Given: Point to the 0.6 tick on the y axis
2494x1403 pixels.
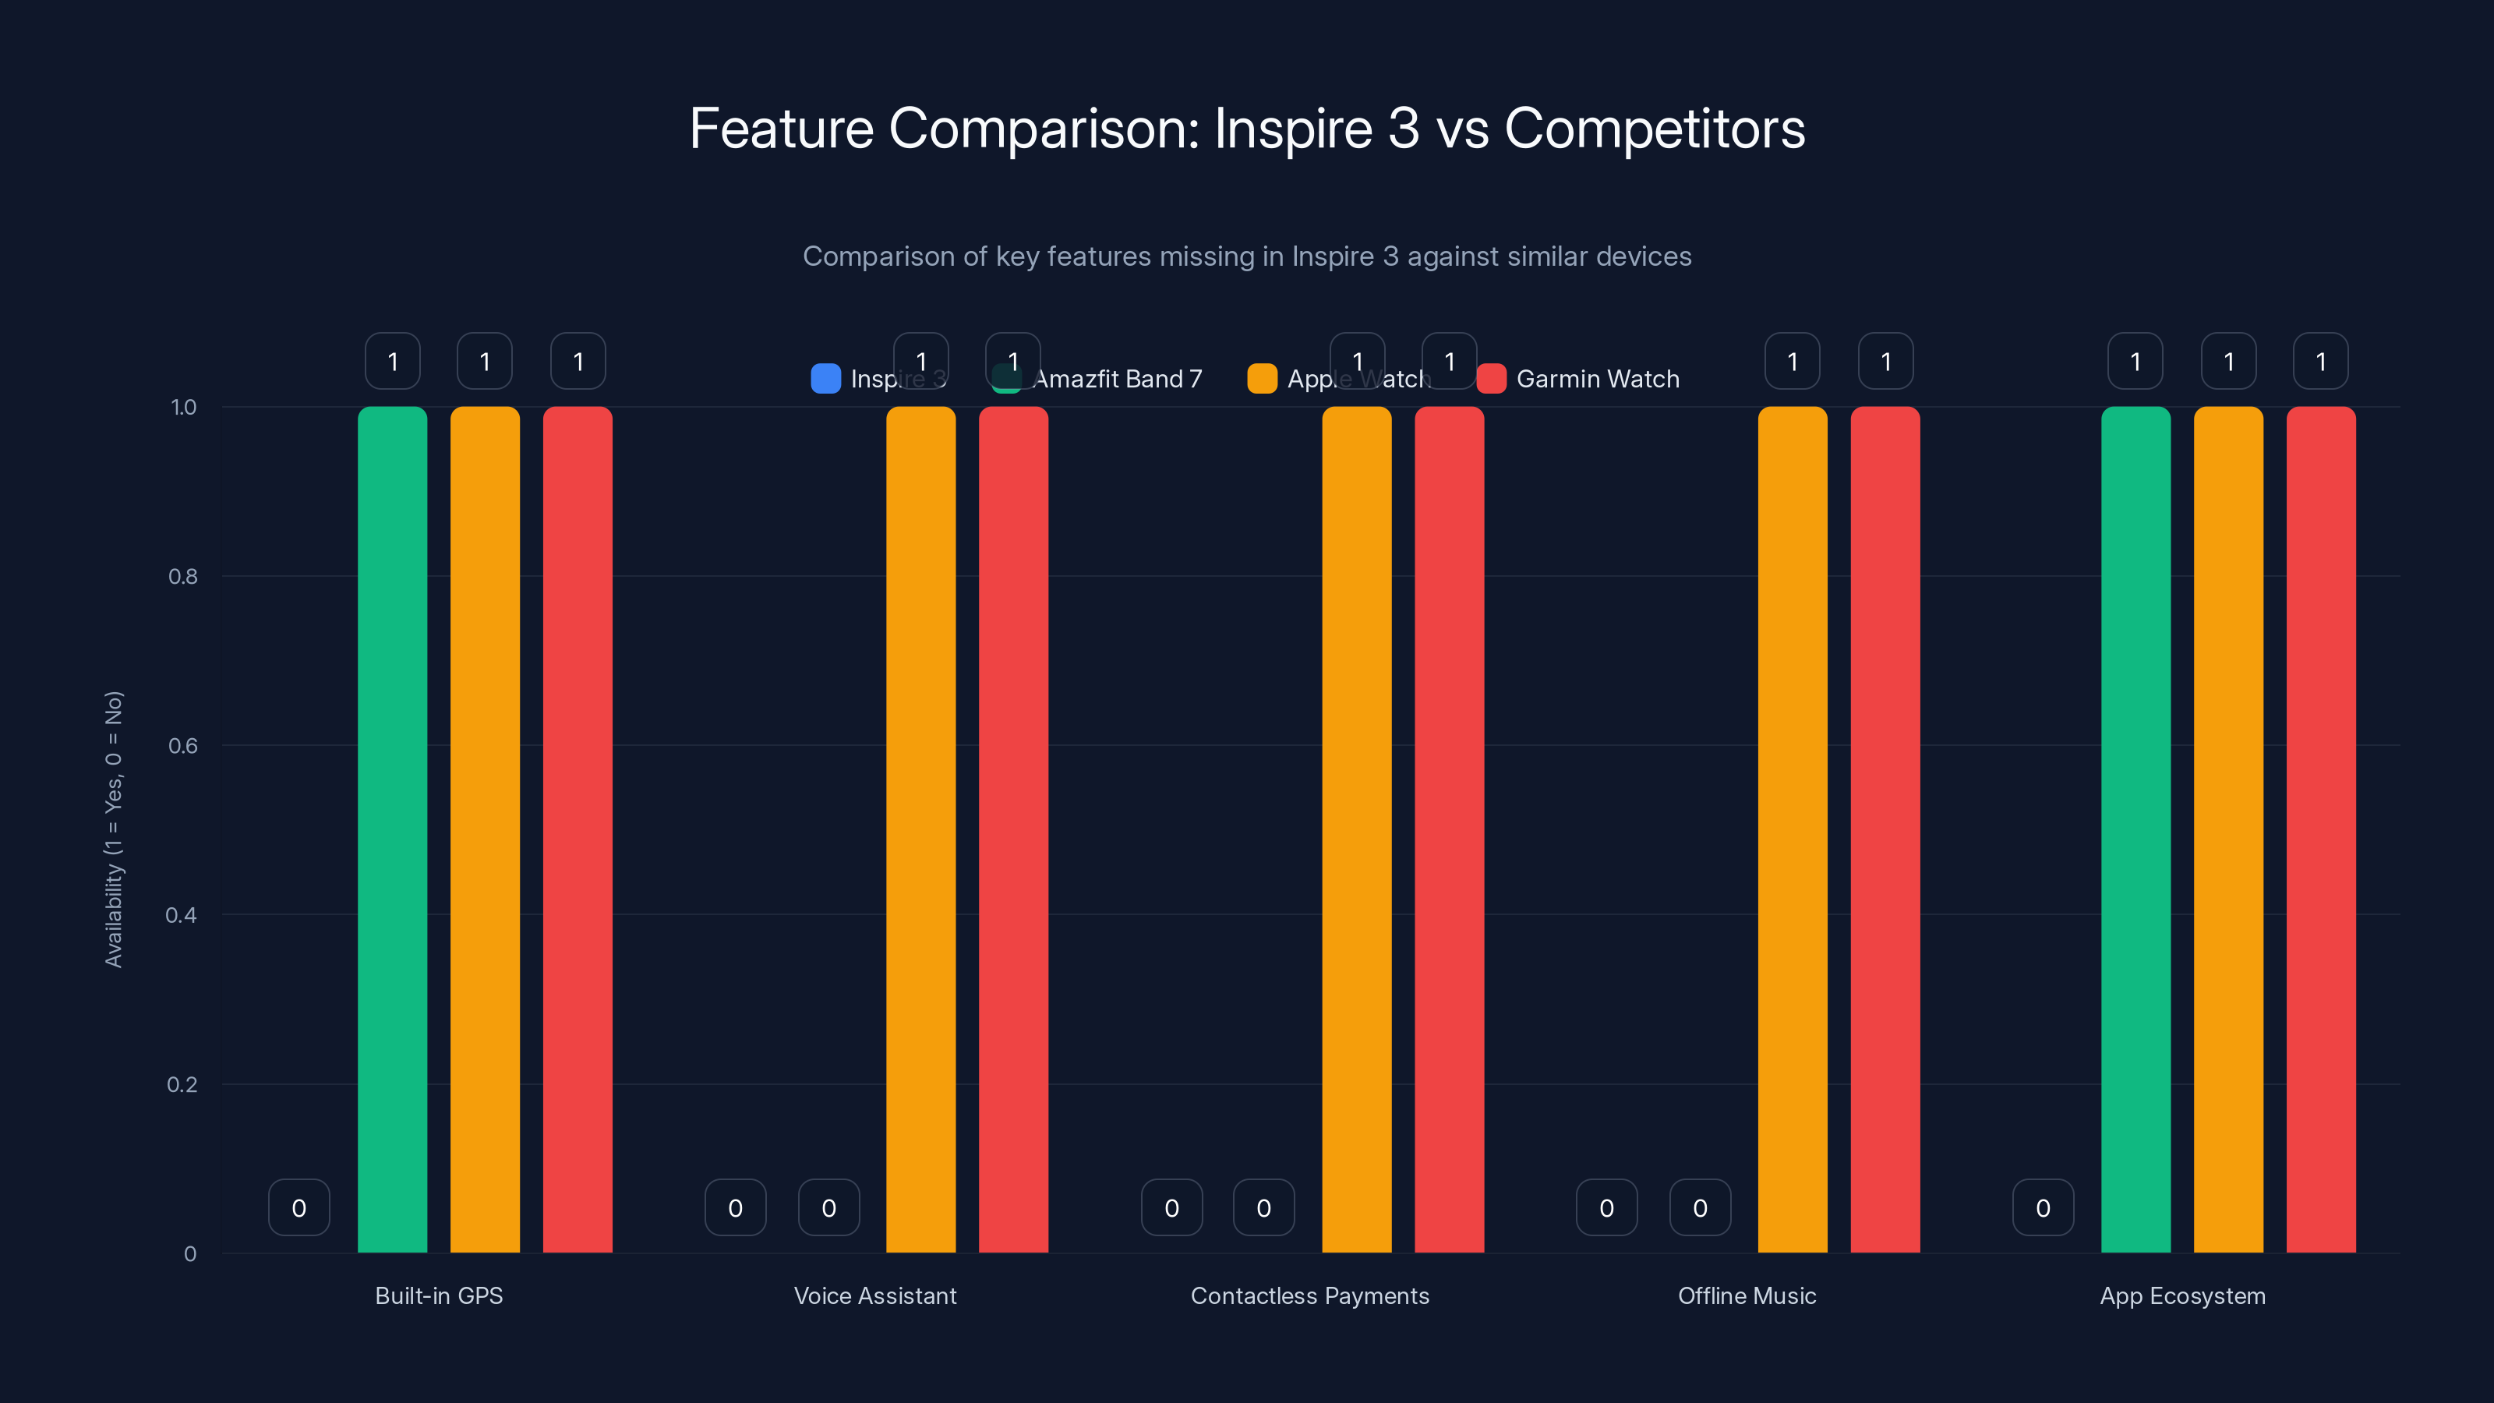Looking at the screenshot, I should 183,746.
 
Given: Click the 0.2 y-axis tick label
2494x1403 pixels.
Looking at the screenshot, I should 182,1084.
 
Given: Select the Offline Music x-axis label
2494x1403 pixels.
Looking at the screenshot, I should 1747,1295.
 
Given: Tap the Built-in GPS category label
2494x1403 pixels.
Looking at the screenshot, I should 439,1295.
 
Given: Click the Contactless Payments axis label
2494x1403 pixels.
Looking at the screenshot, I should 1309,1295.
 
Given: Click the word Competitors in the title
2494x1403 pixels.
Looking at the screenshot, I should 1654,129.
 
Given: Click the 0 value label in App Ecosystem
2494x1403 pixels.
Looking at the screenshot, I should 2043,1207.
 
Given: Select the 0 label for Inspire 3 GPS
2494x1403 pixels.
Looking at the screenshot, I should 299,1207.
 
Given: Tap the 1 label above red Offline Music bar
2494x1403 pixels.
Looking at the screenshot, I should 1885,361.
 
